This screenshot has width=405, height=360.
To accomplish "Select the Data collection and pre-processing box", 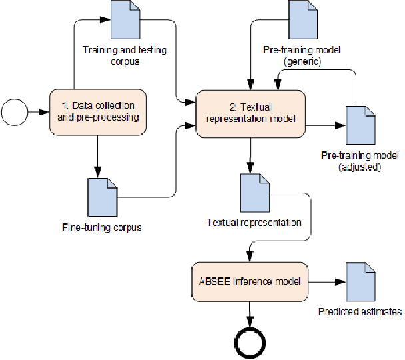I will (98, 111).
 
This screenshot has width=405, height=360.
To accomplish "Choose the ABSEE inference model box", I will (250, 281).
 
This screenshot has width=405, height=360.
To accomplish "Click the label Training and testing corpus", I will (125, 56).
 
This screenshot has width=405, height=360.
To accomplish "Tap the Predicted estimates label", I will (360, 311).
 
